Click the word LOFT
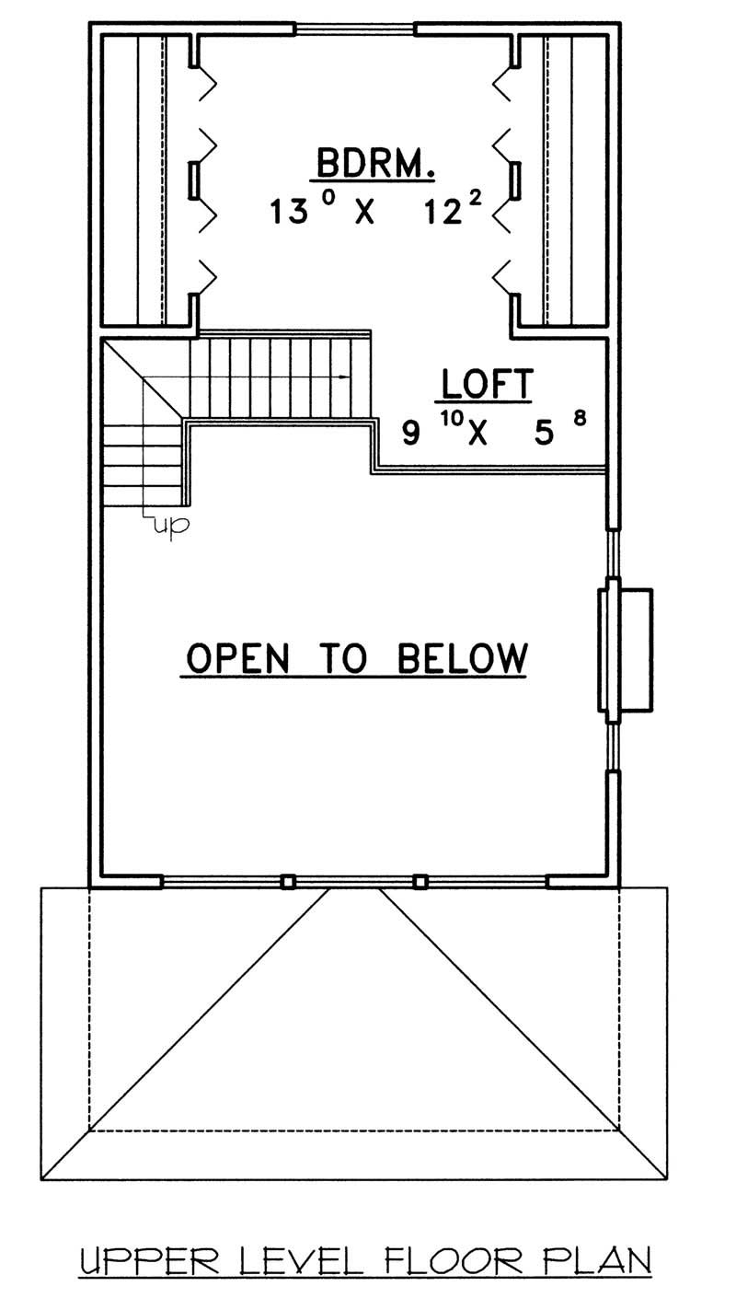(x=487, y=384)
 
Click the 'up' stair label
(x=171, y=526)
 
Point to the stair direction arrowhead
(x=344, y=377)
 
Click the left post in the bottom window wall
(x=287, y=882)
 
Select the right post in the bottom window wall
(x=420, y=882)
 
